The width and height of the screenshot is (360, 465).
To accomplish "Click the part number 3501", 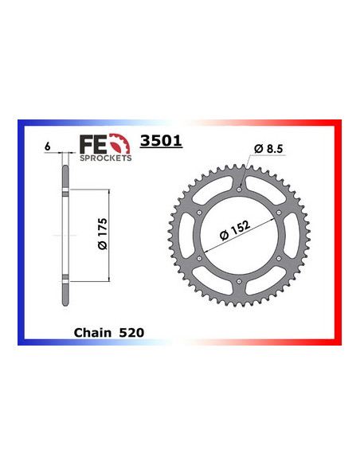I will (x=161, y=141).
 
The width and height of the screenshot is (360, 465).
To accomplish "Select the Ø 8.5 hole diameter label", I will (x=269, y=149).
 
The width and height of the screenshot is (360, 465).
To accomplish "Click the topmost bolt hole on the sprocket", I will (x=240, y=189).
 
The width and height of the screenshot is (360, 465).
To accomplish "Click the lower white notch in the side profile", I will (x=64, y=280).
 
